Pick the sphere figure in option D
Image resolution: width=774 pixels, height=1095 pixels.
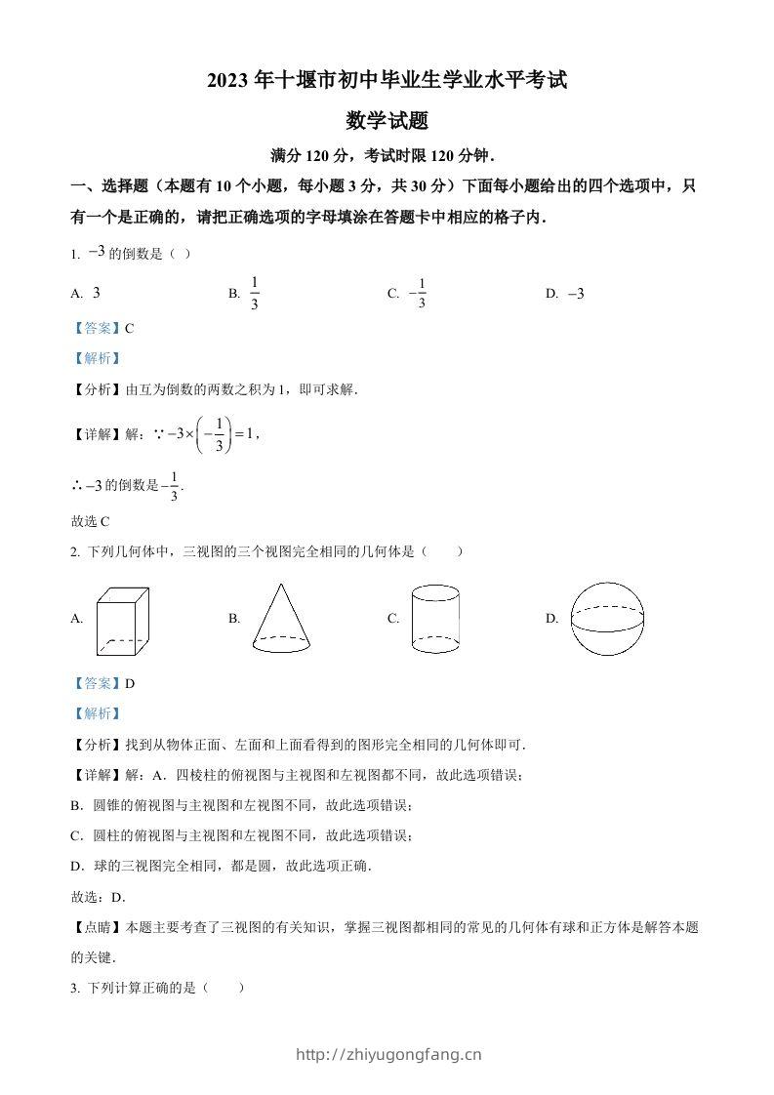(608, 619)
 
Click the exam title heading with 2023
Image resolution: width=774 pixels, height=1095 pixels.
(387, 82)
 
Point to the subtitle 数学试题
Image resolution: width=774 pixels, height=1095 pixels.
(387, 121)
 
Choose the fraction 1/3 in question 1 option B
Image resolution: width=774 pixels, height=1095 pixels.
(254, 294)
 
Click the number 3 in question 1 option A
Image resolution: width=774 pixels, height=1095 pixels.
(97, 294)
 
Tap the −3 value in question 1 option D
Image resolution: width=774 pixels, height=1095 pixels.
(576, 294)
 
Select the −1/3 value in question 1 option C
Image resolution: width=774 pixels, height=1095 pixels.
(418, 294)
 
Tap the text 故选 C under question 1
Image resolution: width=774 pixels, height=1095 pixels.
(91, 521)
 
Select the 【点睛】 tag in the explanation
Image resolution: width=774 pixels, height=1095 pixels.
(98, 928)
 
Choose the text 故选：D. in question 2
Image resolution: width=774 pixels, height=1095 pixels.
(99, 897)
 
